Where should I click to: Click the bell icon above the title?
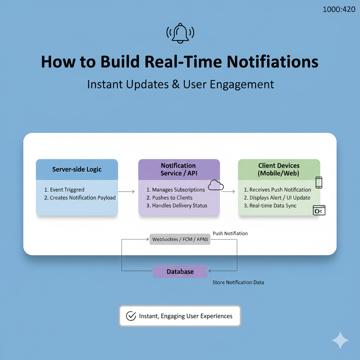[180, 33]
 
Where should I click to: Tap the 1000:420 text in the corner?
[339, 9]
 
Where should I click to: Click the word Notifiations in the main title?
[272, 62]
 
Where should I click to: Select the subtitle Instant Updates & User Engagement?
[180, 85]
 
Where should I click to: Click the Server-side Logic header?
[77, 169]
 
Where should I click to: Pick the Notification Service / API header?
[179, 169]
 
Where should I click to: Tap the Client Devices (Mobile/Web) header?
[279, 169]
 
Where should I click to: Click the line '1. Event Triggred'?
[64, 190]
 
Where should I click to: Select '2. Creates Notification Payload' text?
[80, 198]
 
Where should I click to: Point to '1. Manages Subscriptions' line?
[175, 190]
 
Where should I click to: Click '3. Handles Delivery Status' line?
[177, 206]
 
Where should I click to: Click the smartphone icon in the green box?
[319, 182]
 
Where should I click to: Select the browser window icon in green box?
[319, 210]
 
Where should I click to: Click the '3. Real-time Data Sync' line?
[270, 206]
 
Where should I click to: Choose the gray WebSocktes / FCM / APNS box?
[180, 239]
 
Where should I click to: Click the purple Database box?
[180, 272]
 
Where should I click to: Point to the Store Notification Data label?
[238, 282]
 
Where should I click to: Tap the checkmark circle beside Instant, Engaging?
[131, 316]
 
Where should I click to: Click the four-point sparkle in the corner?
[340, 340]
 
